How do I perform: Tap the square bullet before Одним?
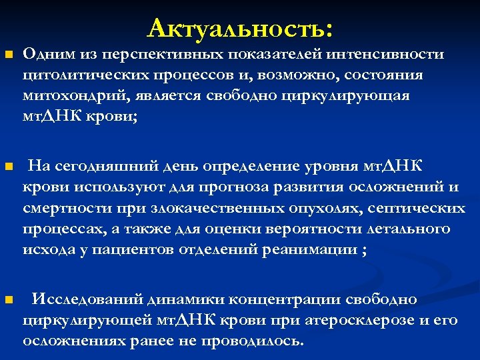click(x=8, y=54)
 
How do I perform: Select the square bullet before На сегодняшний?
click(x=8, y=166)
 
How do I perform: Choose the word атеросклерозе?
click(x=357, y=320)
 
